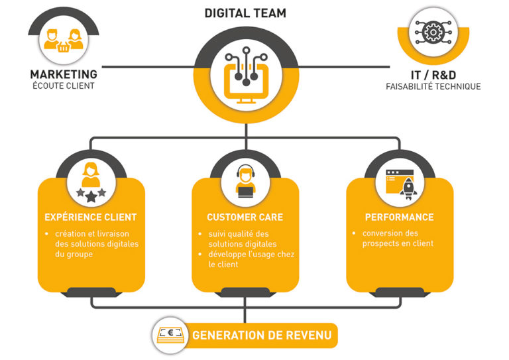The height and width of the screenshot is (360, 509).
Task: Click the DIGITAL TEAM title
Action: coord(245,13)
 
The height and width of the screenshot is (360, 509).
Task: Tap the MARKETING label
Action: coord(63,74)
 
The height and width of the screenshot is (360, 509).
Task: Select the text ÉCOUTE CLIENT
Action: coord(63,86)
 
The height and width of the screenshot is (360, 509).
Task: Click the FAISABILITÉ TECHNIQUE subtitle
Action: coord(433,86)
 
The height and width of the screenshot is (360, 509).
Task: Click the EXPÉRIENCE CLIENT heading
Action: coord(90,217)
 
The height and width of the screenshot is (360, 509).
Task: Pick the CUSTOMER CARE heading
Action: coord(245,217)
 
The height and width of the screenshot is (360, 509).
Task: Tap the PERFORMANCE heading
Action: coord(399,217)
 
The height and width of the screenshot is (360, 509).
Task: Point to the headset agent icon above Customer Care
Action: coord(245,182)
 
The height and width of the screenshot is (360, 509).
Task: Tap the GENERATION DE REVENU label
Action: coord(261,335)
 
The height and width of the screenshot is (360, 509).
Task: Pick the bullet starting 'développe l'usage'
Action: coord(251,259)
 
